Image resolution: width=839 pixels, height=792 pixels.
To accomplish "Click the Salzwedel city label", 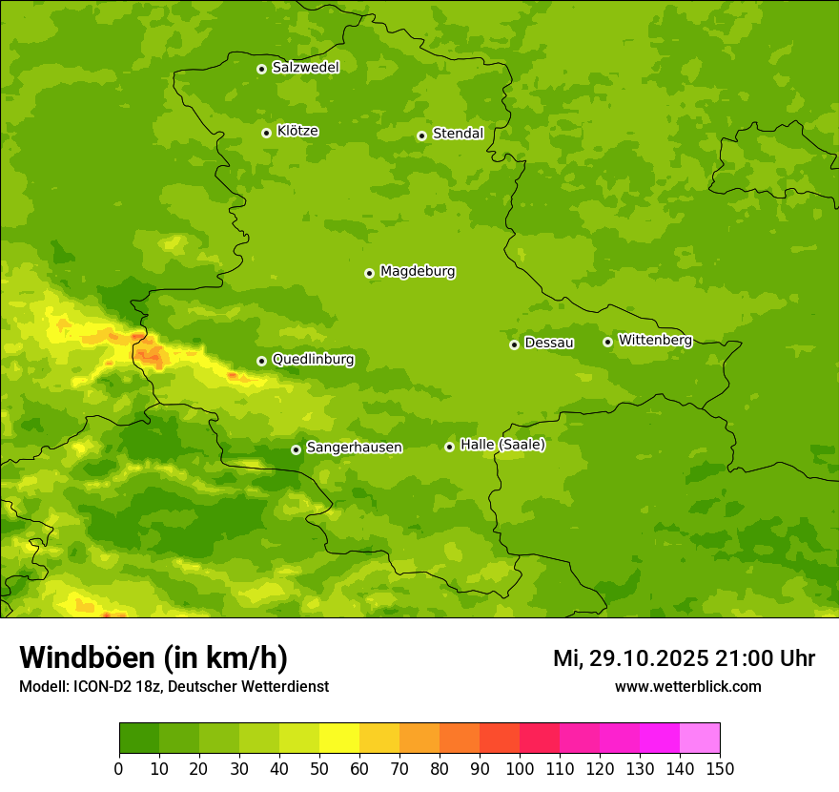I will pyautogui.click(x=305, y=68).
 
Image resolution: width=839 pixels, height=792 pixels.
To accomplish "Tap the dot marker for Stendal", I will pyautogui.click(x=421, y=135).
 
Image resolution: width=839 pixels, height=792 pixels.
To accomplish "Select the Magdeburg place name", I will pyautogui.click(x=418, y=272).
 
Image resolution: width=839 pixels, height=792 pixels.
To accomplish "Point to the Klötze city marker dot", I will pyautogui.click(x=266, y=133).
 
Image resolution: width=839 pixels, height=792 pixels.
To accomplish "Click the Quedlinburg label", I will pyautogui.click(x=313, y=360).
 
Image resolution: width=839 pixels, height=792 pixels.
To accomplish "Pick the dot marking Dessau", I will pyautogui.click(x=514, y=344).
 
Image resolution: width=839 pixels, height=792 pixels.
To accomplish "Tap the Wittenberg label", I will pyautogui.click(x=655, y=341).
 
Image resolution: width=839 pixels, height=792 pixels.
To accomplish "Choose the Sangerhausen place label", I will pyautogui.click(x=354, y=448).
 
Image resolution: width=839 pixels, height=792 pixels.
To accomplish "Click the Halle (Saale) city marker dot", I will pyautogui.click(x=449, y=447).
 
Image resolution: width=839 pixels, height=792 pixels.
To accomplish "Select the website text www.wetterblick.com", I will pyautogui.click(x=687, y=687).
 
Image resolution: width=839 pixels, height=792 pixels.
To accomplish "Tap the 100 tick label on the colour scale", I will pyautogui.click(x=520, y=768).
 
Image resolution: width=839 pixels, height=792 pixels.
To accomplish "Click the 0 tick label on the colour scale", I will pyautogui.click(x=119, y=768).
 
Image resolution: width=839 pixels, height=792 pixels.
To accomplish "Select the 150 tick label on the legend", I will pyautogui.click(x=720, y=768).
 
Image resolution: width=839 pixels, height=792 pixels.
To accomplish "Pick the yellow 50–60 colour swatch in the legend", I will pyautogui.click(x=339, y=739).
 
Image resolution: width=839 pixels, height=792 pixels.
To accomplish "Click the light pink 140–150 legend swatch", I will pyautogui.click(x=700, y=739).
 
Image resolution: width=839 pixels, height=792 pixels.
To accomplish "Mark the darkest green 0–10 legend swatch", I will pyautogui.click(x=139, y=739).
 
